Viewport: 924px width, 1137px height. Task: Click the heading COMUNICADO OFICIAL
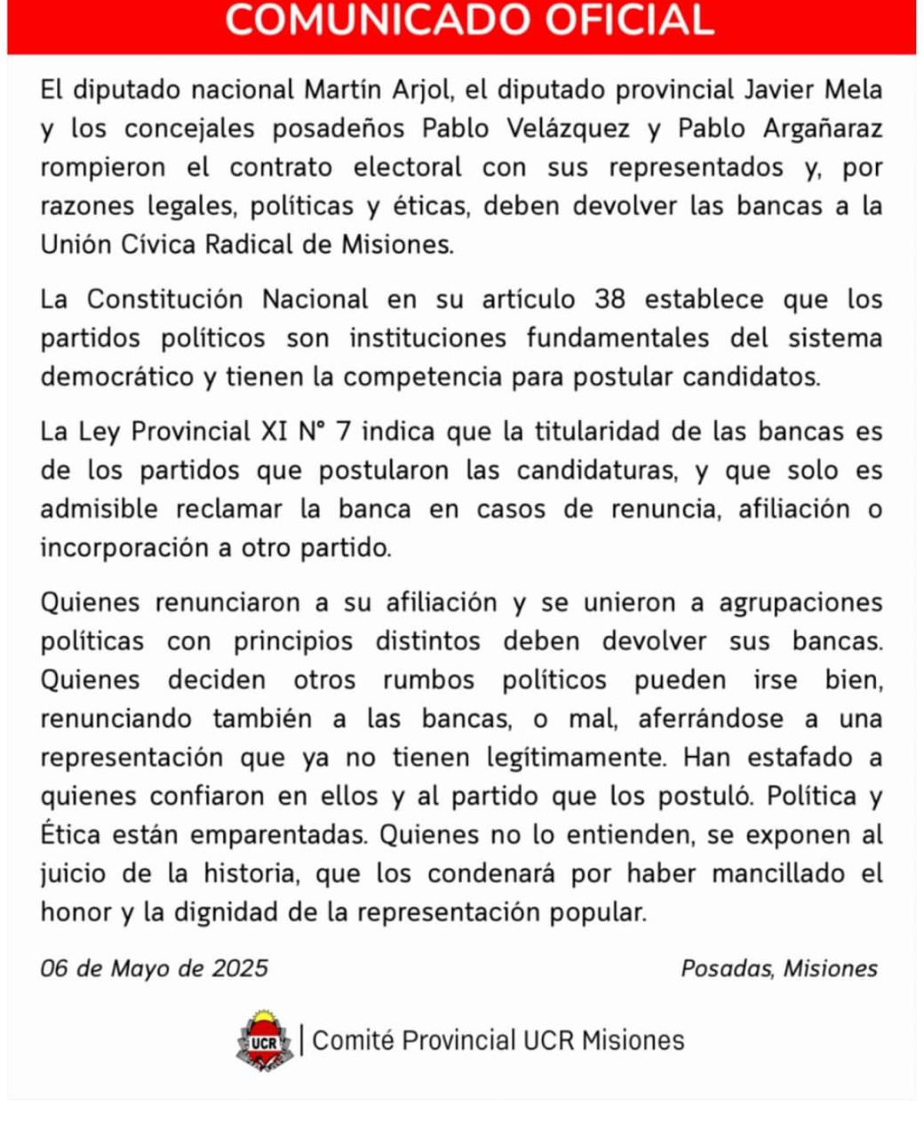point(469,20)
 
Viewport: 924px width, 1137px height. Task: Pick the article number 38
point(610,299)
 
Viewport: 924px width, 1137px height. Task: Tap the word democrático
point(116,377)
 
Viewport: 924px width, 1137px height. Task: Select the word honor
point(75,912)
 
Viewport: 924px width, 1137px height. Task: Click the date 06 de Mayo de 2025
point(155,968)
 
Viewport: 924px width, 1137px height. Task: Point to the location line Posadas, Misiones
point(779,968)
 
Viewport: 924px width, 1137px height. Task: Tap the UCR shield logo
point(264,1040)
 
